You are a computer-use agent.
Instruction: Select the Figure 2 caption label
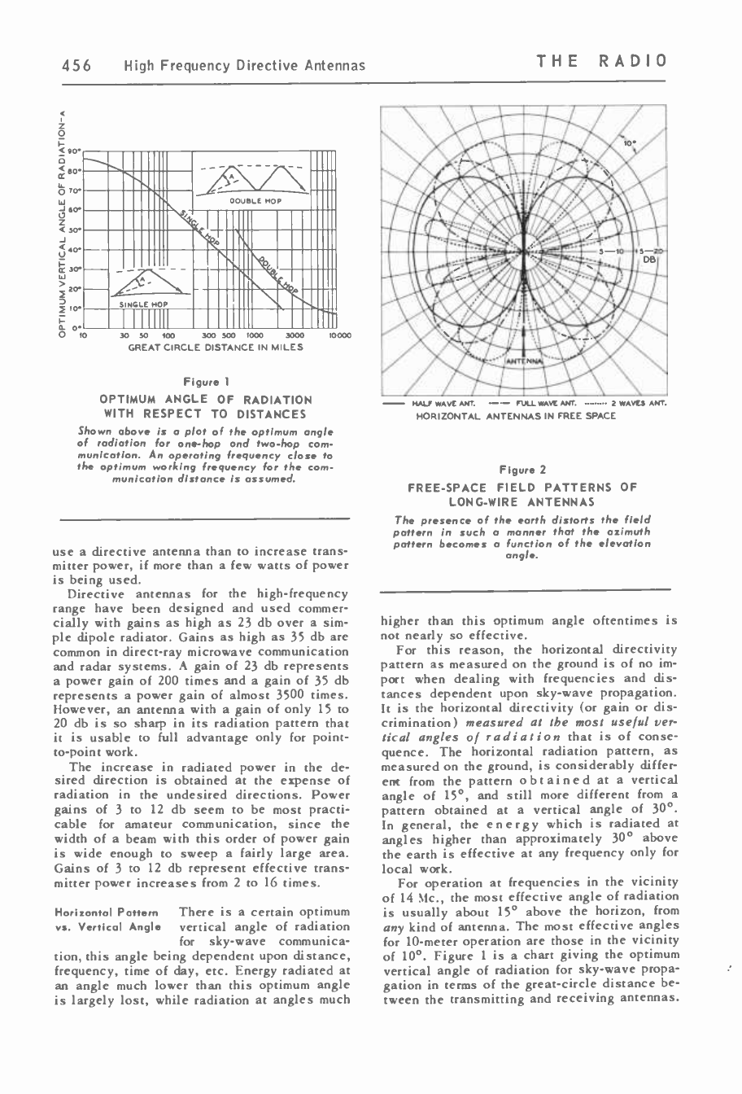click(x=525, y=470)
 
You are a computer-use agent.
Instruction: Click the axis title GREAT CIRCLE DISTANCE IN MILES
click(x=216, y=348)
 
